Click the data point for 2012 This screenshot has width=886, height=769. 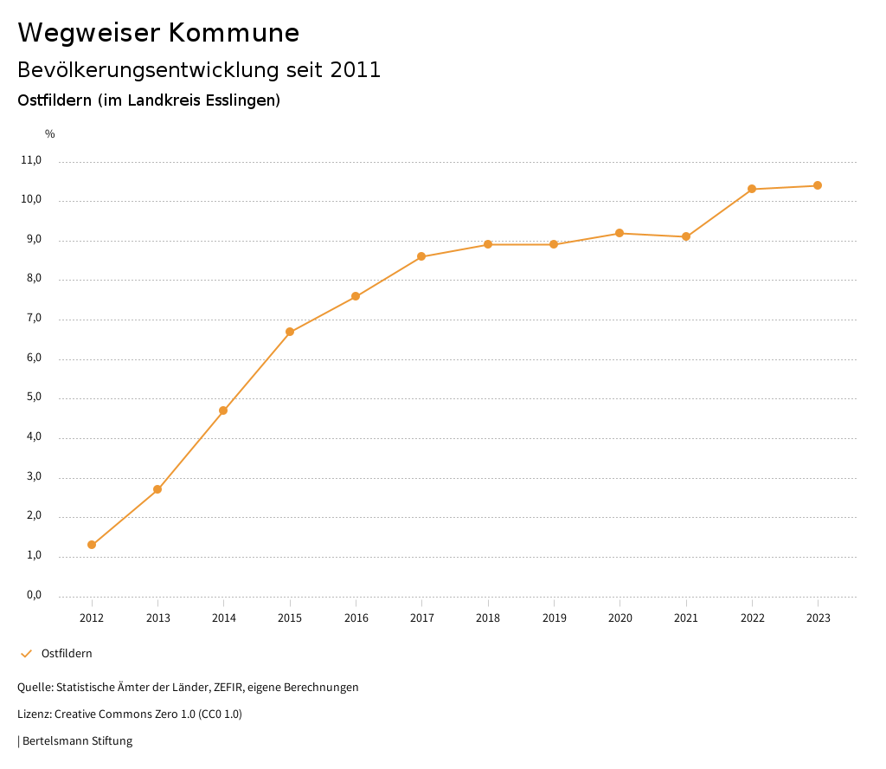coord(92,545)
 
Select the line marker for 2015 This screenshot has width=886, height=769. coord(290,332)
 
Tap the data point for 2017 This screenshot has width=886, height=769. coord(421,256)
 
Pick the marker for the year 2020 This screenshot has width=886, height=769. coord(620,233)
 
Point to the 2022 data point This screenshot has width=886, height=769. coord(752,189)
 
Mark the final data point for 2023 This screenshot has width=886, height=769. coord(818,185)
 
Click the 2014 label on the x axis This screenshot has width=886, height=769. coord(224,618)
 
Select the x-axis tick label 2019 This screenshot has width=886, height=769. coord(554,618)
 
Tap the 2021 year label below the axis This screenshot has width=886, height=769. coord(686,618)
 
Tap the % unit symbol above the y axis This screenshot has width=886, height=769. coord(50,134)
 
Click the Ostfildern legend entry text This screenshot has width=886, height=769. coord(67,654)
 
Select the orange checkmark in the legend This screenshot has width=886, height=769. coord(26,654)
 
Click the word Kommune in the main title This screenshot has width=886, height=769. coord(234,33)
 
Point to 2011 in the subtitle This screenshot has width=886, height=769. coord(356,70)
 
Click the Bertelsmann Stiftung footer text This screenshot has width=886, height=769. coord(77,741)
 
